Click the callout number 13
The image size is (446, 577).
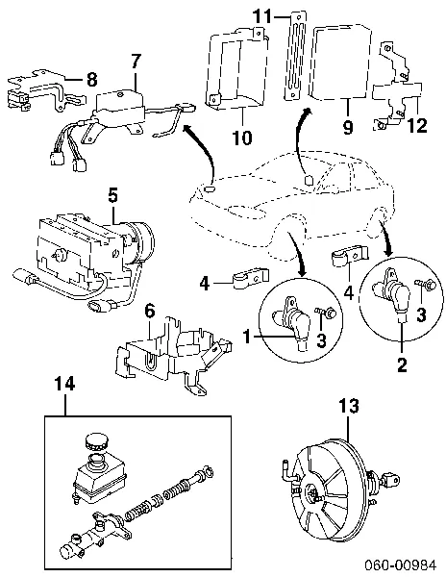(x=348, y=407)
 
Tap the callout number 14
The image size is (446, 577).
(x=64, y=384)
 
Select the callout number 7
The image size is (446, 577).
(x=136, y=63)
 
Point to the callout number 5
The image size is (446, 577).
(x=113, y=195)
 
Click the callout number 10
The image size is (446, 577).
(x=242, y=138)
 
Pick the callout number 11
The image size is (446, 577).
(x=262, y=16)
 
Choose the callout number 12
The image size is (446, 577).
(x=417, y=125)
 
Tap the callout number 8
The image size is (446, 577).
(x=91, y=79)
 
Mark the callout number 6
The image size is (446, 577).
(x=150, y=312)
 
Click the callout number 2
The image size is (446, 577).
(x=402, y=364)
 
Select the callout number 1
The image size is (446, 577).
(x=247, y=337)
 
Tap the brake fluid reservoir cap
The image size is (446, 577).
(x=96, y=440)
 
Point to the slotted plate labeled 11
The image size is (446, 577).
(x=294, y=56)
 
